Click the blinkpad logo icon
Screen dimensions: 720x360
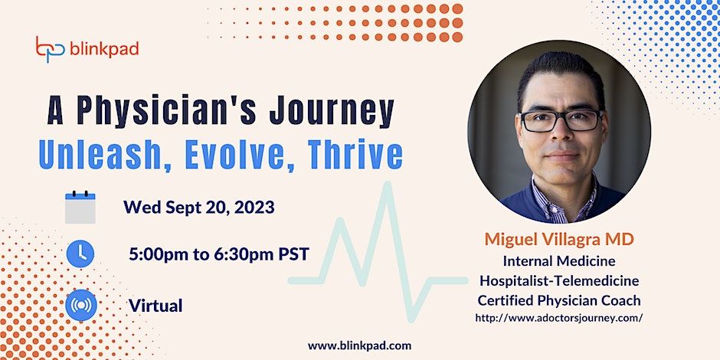51,49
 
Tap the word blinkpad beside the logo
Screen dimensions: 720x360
104,49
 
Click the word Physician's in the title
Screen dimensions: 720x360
169,112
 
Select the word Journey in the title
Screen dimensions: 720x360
332,112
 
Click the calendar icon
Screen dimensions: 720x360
80,208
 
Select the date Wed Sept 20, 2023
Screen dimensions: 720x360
199,208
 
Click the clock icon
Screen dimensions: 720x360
80,254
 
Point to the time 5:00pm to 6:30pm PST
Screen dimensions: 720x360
219,254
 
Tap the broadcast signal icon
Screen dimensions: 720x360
81,305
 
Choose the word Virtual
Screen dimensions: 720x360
155,306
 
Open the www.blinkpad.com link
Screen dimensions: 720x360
359,345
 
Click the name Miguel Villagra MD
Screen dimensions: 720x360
559,239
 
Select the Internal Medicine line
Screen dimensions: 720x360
559,261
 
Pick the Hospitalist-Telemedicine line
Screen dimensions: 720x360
559,280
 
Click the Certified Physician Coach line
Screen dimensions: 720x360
559,300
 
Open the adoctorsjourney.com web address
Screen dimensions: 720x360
559,318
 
